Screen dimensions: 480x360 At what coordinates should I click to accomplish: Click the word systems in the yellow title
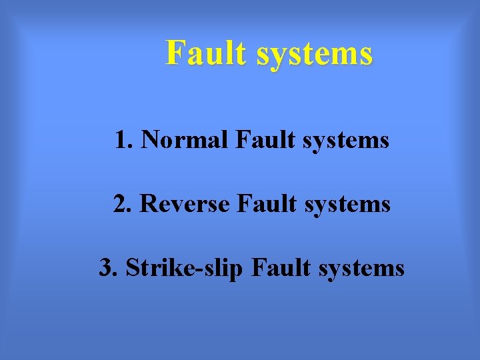pyautogui.click(x=314, y=54)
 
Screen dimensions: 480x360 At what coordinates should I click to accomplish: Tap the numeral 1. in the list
pyautogui.click(x=124, y=140)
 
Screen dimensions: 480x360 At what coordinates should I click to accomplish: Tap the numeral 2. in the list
pyautogui.click(x=123, y=204)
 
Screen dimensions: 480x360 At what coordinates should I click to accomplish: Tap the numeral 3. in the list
pyautogui.click(x=109, y=268)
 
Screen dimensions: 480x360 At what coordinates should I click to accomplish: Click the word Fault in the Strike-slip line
pyautogui.click(x=280, y=268)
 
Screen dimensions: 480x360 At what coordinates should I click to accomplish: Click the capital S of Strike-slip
pyautogui.click(x=133, y=268)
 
